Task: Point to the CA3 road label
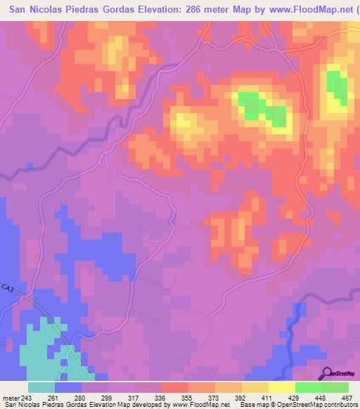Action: click(x=8, y=289)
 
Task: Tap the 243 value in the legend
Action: click(x=27, y=397)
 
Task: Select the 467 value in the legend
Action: click(x=345, y=397)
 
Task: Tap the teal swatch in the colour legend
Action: click(x=41, y=387)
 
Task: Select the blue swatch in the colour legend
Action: click(x=67, y=387)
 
